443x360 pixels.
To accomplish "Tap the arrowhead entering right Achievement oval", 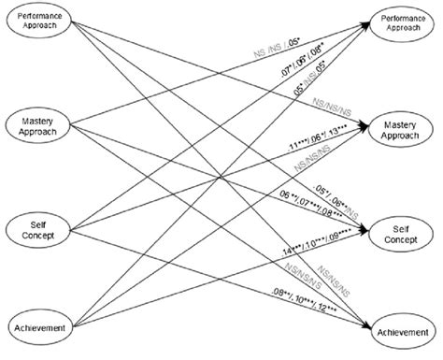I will coord(367,327).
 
